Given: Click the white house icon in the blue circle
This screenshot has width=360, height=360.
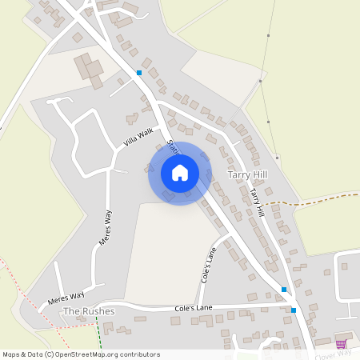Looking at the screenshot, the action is [180, 173].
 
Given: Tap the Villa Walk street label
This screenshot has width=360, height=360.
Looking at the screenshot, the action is [138, 138].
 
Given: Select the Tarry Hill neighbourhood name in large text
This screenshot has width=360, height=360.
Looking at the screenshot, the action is [246, 174].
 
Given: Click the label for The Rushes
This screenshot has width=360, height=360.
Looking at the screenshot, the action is [89, 310].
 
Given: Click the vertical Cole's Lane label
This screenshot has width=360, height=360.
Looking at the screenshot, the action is [209, 265].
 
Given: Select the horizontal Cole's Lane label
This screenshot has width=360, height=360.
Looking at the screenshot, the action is [195, 308].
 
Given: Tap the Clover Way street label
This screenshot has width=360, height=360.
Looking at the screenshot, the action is [333, 353].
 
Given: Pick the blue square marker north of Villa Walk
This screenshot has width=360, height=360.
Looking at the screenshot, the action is [139, 73].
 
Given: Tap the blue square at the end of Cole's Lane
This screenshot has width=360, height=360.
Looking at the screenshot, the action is [294, 310].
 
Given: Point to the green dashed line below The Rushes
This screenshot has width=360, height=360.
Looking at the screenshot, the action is [98, 332].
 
